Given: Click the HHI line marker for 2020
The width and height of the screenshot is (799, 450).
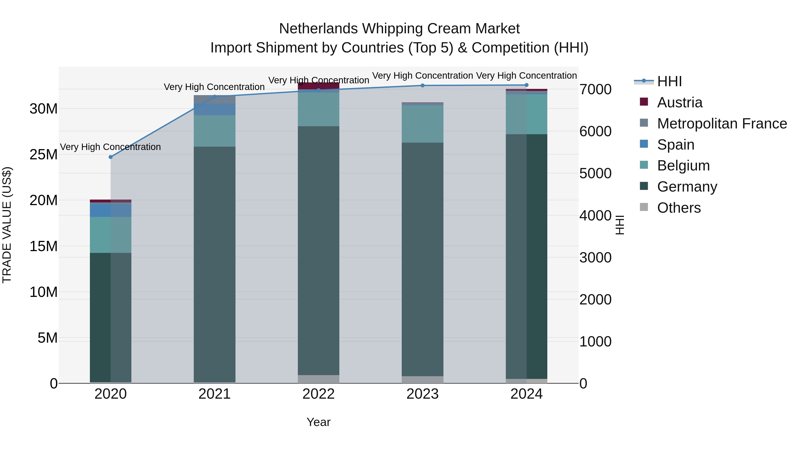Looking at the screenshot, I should [111, 157].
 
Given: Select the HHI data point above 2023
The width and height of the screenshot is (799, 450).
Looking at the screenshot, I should [422, 85].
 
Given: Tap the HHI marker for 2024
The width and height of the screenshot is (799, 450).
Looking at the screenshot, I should [526, 85].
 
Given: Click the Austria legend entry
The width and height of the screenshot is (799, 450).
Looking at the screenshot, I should [680, 102].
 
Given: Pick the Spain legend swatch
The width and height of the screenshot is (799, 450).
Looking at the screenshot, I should [644, 144].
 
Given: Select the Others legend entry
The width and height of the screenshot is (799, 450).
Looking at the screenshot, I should [679, 208].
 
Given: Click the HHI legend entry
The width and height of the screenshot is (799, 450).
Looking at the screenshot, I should [669, 81].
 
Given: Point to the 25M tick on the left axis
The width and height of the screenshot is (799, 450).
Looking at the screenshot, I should [44, 155].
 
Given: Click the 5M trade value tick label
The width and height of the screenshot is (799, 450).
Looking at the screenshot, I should [47, 338].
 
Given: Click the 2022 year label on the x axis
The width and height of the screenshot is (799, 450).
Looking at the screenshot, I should [318, 394].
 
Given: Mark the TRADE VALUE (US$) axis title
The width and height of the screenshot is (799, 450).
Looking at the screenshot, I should [7, 225].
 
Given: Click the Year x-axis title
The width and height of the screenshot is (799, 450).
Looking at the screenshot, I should [318, 422].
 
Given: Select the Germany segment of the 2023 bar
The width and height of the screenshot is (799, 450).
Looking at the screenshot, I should [422, 259].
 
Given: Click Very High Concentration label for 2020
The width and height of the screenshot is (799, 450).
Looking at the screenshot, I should [111, 147].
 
